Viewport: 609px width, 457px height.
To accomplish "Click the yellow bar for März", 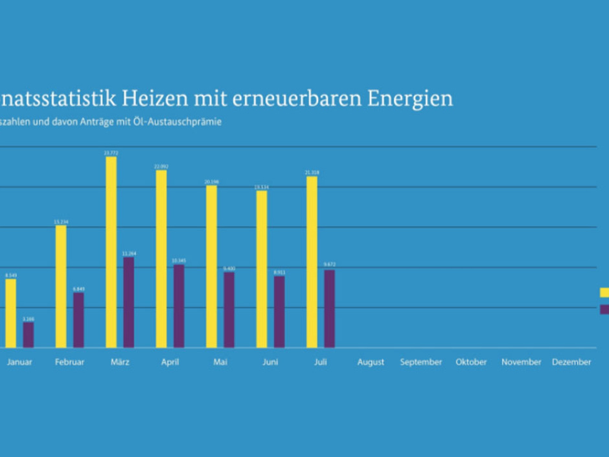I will coord(111,252).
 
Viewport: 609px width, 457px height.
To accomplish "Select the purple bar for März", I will coord(129,302).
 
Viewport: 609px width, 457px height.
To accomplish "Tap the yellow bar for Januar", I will coord(10,313).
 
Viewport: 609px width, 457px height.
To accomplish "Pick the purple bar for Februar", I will coord(78,320).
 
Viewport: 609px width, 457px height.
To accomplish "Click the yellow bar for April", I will coord(161,259).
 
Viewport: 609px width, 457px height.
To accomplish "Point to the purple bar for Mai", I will coord(229,309).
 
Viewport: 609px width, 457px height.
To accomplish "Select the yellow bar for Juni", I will coord(261,269).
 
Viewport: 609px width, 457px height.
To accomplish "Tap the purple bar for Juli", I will coord(329,309).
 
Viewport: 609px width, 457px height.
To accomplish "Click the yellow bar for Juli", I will coord(312,262).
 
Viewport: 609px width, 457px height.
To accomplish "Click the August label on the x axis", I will coord(371,362).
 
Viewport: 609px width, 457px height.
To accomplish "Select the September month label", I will coord(421,362).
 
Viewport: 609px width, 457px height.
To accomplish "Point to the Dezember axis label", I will coord(571,362).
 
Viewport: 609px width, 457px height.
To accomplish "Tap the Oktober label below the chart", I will coord(471,362).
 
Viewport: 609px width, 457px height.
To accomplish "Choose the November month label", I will coord(521,362).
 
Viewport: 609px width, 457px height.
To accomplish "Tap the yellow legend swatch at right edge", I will coord(604,292).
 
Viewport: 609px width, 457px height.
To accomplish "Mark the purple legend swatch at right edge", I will coord(604,309).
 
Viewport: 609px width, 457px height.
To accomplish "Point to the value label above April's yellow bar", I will coord(161,167).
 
